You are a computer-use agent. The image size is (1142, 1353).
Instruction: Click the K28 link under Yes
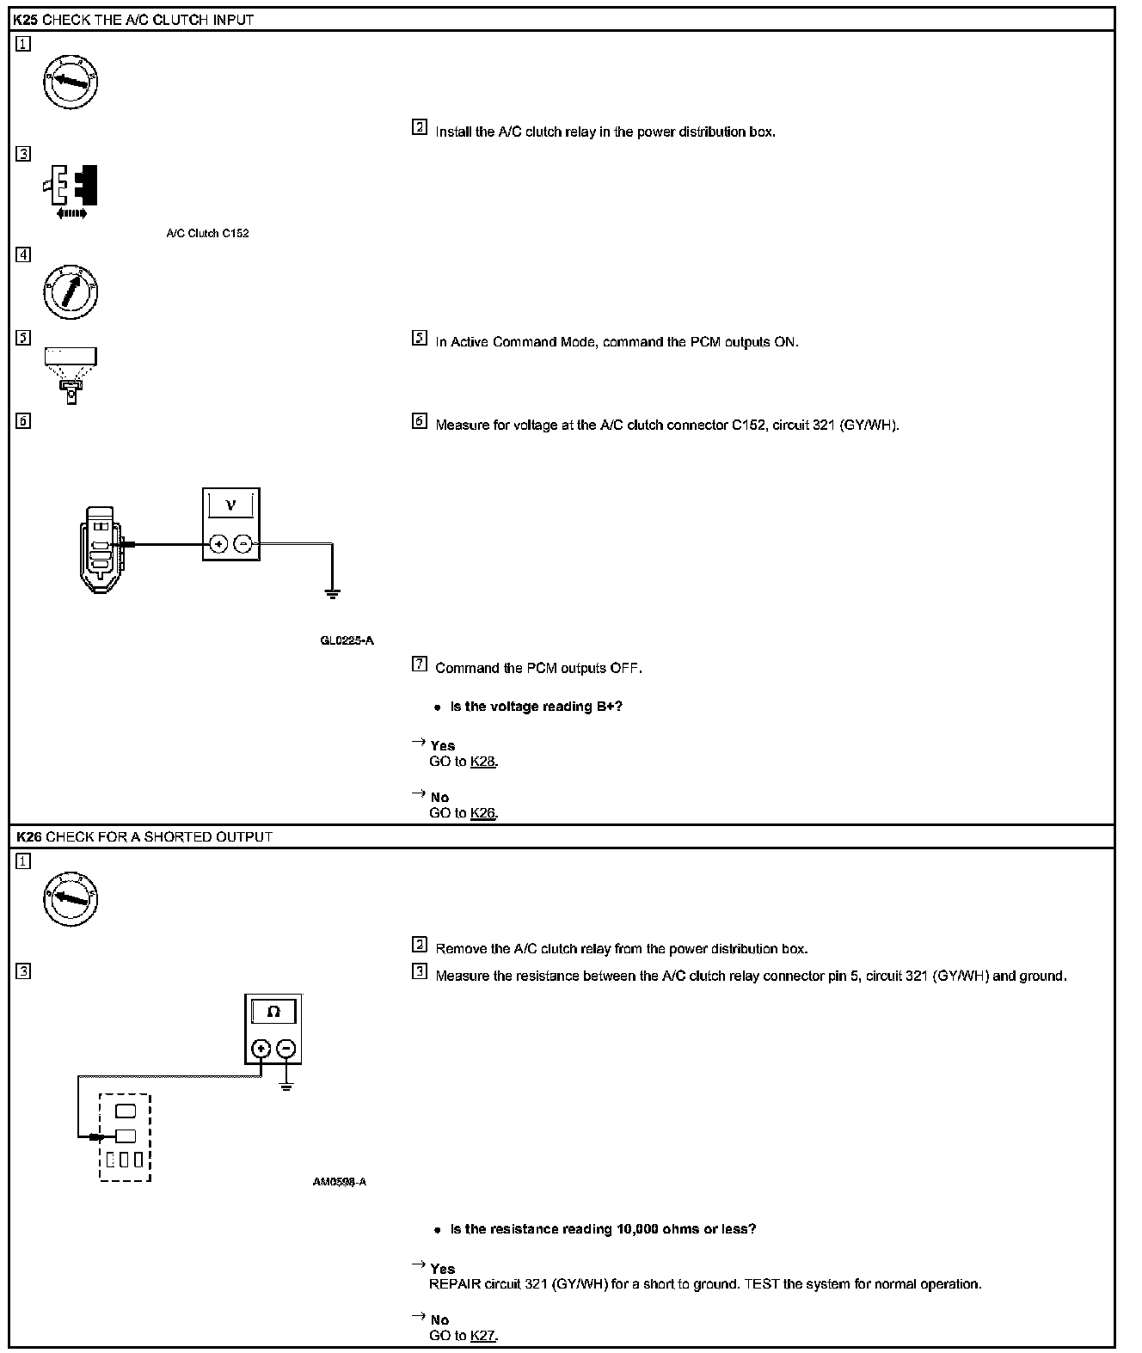tap(483, 762)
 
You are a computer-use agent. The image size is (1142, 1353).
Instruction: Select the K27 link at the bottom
tap(483, 1336)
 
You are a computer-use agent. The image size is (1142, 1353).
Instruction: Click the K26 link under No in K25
tap(483, 813)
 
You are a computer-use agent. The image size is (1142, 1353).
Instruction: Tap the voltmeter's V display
tap(230, 505)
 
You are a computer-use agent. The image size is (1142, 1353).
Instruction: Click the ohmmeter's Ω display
tap(273, 1012)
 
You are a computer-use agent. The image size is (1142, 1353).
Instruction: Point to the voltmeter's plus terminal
tap(218, 543)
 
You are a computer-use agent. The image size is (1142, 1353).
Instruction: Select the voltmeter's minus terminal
tap(243, 543)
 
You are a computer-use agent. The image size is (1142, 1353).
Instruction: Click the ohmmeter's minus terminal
tap(286, 1049)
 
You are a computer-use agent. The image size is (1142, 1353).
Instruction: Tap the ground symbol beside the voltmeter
tap(332, 592)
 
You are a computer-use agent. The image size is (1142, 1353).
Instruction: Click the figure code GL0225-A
tap(347, 640)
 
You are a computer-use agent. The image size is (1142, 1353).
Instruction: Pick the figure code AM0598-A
tap(340, 1182)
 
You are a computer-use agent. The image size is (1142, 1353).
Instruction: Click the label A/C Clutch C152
tap(207, 233)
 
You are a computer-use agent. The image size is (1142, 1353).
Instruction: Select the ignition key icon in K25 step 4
tap(71, 291)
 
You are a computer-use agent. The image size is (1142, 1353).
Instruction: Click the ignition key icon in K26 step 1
tap(71, 899)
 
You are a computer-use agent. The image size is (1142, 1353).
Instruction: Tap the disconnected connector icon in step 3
tap(72, 188)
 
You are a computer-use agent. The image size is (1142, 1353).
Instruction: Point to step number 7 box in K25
tap(420, 664)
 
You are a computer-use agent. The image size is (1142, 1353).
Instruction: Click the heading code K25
tap(26, 19)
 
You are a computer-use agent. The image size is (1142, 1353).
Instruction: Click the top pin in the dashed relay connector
tap(125, 1111)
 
